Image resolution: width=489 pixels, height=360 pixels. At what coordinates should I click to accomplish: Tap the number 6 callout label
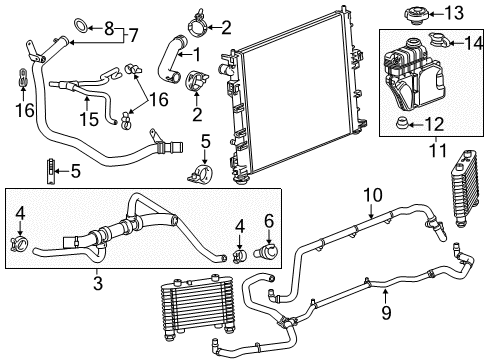click(x=268, y=221)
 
